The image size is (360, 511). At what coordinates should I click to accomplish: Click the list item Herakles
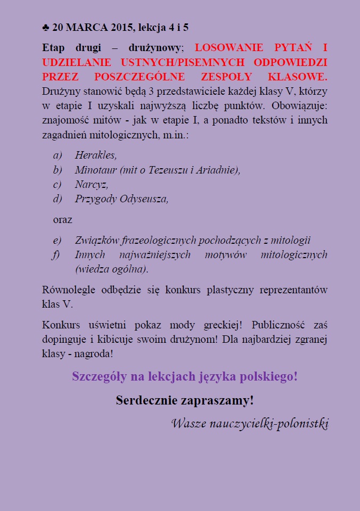(x=96, y=155)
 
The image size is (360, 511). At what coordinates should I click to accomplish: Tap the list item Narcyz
(x=92, y=185)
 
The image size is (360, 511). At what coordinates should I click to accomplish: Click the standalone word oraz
(x=62, y=219)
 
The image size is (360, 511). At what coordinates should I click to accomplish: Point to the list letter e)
(x=57, y=240)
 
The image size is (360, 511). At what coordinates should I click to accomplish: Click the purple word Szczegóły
(x=100, y=376)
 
